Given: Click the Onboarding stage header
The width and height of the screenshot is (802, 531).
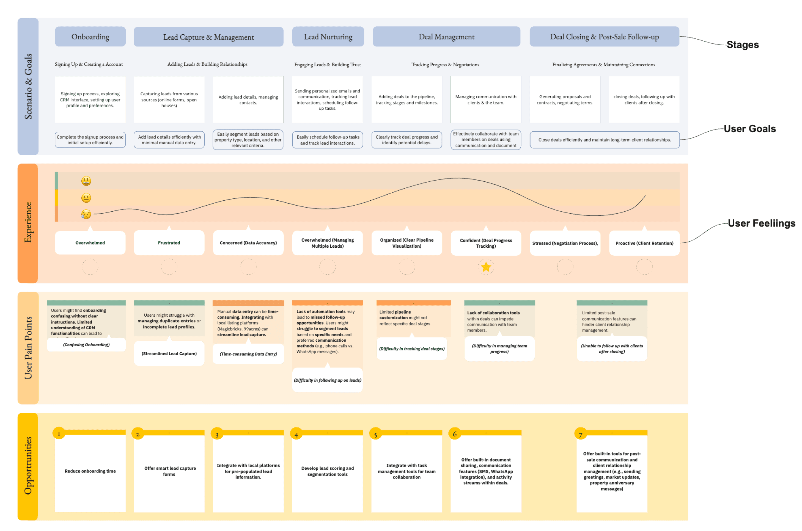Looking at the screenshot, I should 90,37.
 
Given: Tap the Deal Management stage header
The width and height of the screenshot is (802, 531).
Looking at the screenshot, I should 446,37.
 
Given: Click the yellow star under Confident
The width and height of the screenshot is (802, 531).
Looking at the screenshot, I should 486,267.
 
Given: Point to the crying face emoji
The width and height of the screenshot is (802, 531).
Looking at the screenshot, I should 86,214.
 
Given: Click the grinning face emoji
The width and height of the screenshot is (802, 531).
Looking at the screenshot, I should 86,181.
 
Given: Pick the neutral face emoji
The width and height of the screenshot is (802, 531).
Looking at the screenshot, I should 86,198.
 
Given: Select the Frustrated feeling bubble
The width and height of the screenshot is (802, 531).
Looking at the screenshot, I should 169,243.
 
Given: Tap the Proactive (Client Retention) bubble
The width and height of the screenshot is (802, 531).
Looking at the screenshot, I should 644,243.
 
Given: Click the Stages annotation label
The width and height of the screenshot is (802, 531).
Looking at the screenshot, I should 742,45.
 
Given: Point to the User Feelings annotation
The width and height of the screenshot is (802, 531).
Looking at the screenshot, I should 761,223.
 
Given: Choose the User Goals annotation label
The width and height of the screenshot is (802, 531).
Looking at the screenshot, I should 749,129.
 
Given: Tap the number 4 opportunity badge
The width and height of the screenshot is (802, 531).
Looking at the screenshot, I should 296,435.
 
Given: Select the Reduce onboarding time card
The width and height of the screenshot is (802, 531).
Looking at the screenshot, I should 90,471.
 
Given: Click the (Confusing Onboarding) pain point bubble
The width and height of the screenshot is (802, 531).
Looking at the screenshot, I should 86,345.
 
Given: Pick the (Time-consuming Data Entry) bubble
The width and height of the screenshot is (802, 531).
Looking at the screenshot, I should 248,354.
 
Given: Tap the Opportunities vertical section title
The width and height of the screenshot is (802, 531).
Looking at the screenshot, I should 28,466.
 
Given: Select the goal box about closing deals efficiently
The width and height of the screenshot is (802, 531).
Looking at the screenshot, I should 605,140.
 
